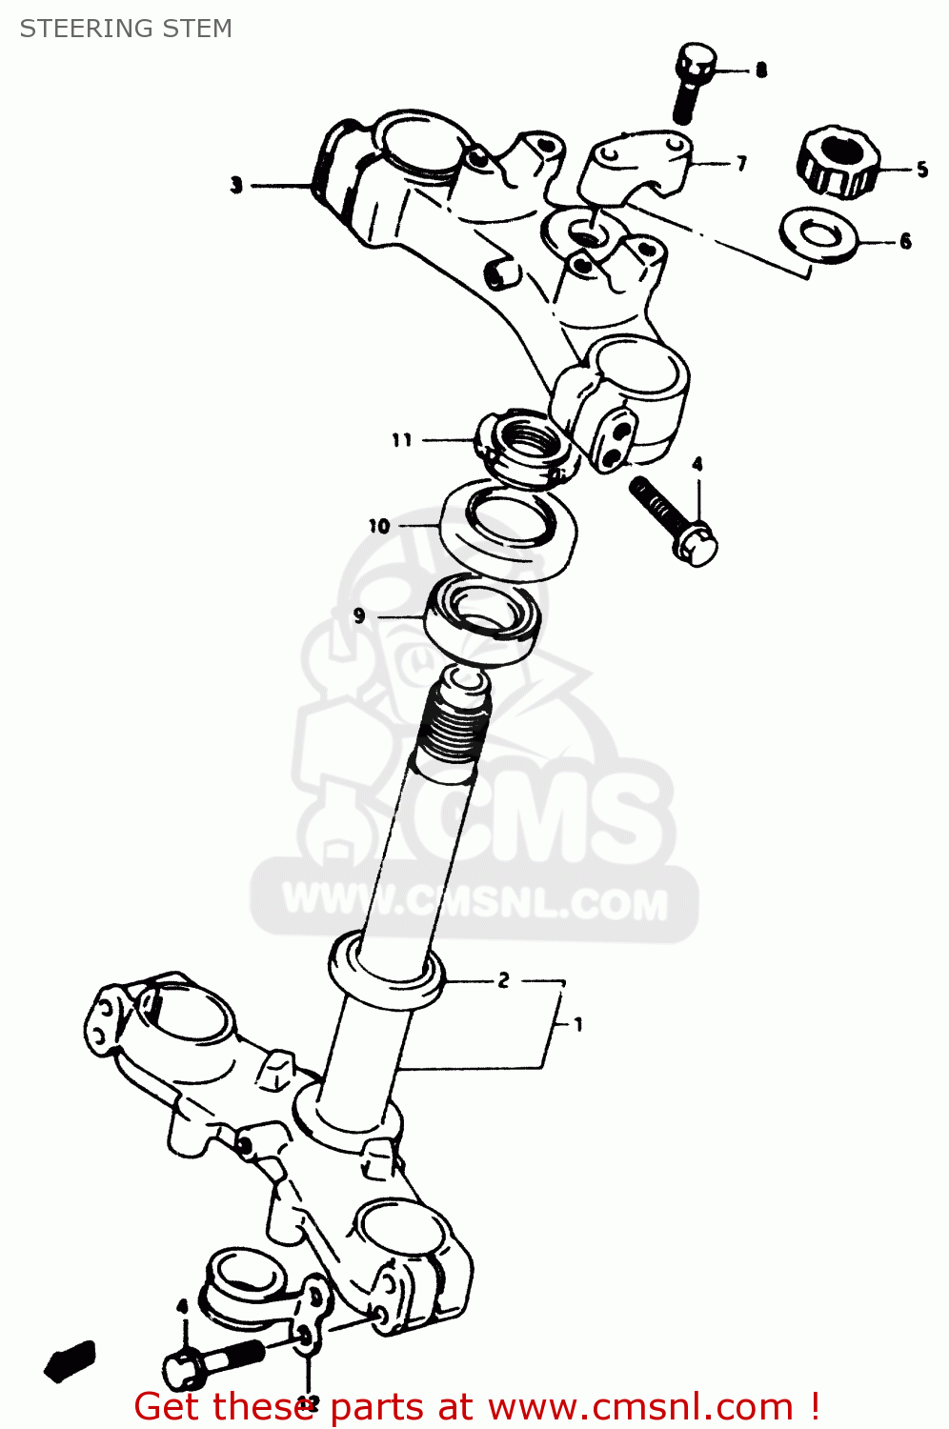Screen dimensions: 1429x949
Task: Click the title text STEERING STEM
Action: pyautogui.click(x=126, y=29)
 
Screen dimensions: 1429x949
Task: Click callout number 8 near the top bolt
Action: pyautogui.click(x=760, y=70)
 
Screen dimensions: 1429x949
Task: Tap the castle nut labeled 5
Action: pyautogui.click(x=838, y=162)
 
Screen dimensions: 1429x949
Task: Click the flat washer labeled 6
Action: pyautogui.click(x=818, y=236)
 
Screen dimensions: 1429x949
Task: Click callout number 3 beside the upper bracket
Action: pyautogui.click(x=236, y=185)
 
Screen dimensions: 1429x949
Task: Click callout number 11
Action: pyautogui.click(x=402, y=440)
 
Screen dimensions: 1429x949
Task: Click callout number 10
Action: pyautogui.click(x=379, y=526)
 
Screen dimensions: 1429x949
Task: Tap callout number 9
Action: pyautogui.click(x=359, y=615)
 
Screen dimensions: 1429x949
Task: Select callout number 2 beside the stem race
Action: pyautogui.click(x=503, y=979)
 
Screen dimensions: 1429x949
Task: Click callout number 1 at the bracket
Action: pyautogui.click(x=577, y=1025)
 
